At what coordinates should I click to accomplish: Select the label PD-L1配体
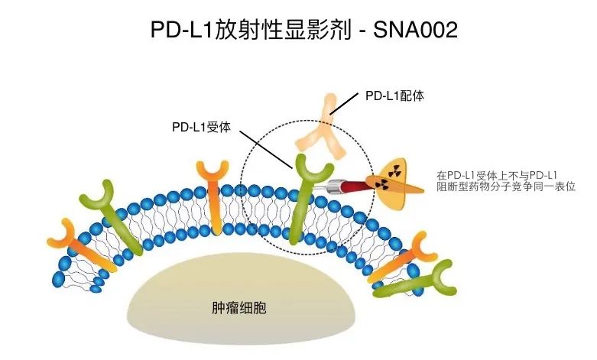pos(394,96)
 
